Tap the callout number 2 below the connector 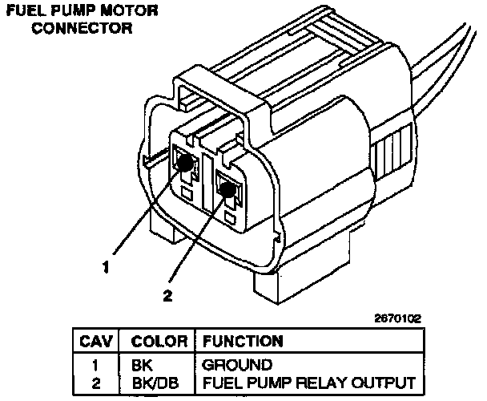(x=168, y=295)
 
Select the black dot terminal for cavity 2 (x=230, y=189)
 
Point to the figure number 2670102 (x=396, y=318)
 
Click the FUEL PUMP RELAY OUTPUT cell (x=308, y=382)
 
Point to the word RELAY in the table (x=327, y=382)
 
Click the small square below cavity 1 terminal (x=186, y=193)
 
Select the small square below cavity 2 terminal (x=231, y=217)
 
